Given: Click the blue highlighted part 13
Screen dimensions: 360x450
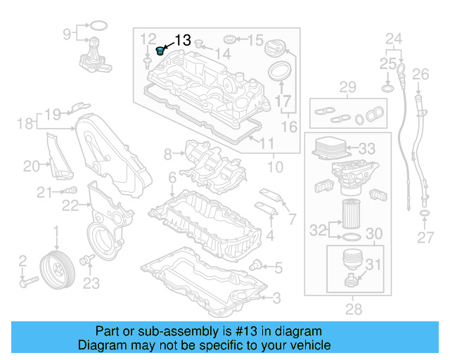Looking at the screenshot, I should point(160,51).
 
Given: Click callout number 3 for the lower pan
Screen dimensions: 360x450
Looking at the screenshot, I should point(276,298).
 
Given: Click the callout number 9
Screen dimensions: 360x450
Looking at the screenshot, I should point(67,33).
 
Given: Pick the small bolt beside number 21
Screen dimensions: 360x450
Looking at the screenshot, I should point(70,191).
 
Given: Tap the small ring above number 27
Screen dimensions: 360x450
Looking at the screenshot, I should point(425,213).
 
